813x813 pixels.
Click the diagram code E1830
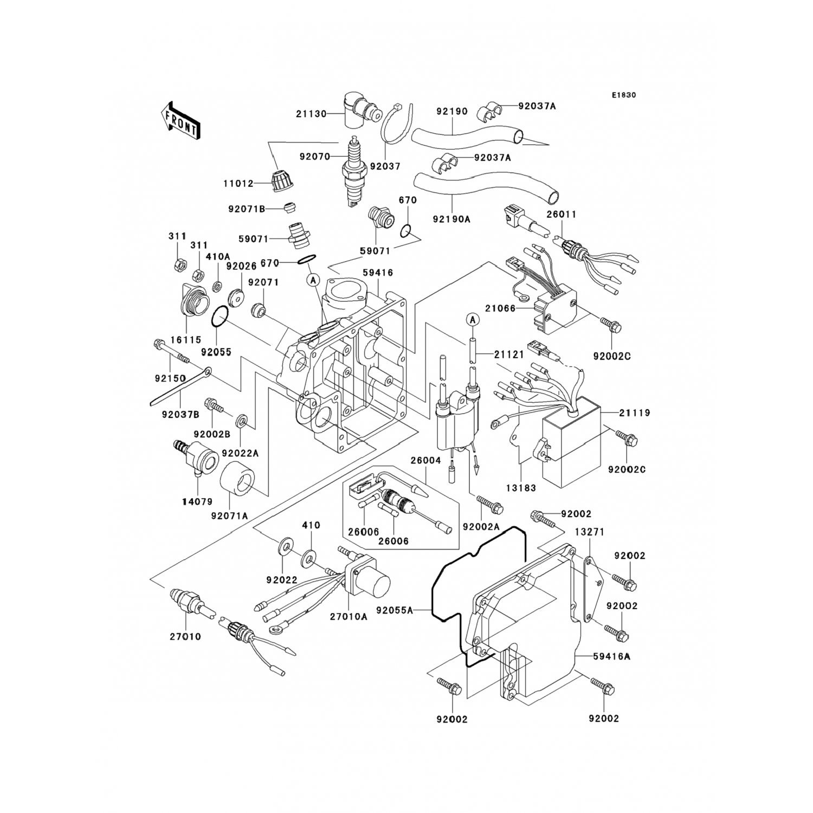pos(624,95)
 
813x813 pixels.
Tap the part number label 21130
pos(311,114)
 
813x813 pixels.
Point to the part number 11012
pos(238,184)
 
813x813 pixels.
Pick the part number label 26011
pos(562,214)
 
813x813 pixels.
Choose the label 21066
pos(500,308)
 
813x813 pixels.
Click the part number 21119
pos(635,413)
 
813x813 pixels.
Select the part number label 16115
pos(186,340)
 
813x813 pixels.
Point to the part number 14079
pos(197,502)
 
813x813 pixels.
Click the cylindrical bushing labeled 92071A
pos(238,481)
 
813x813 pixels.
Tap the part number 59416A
pos(611,656)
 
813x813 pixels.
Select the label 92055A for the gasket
pos(395,611)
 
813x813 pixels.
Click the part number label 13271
pos(589,532)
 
